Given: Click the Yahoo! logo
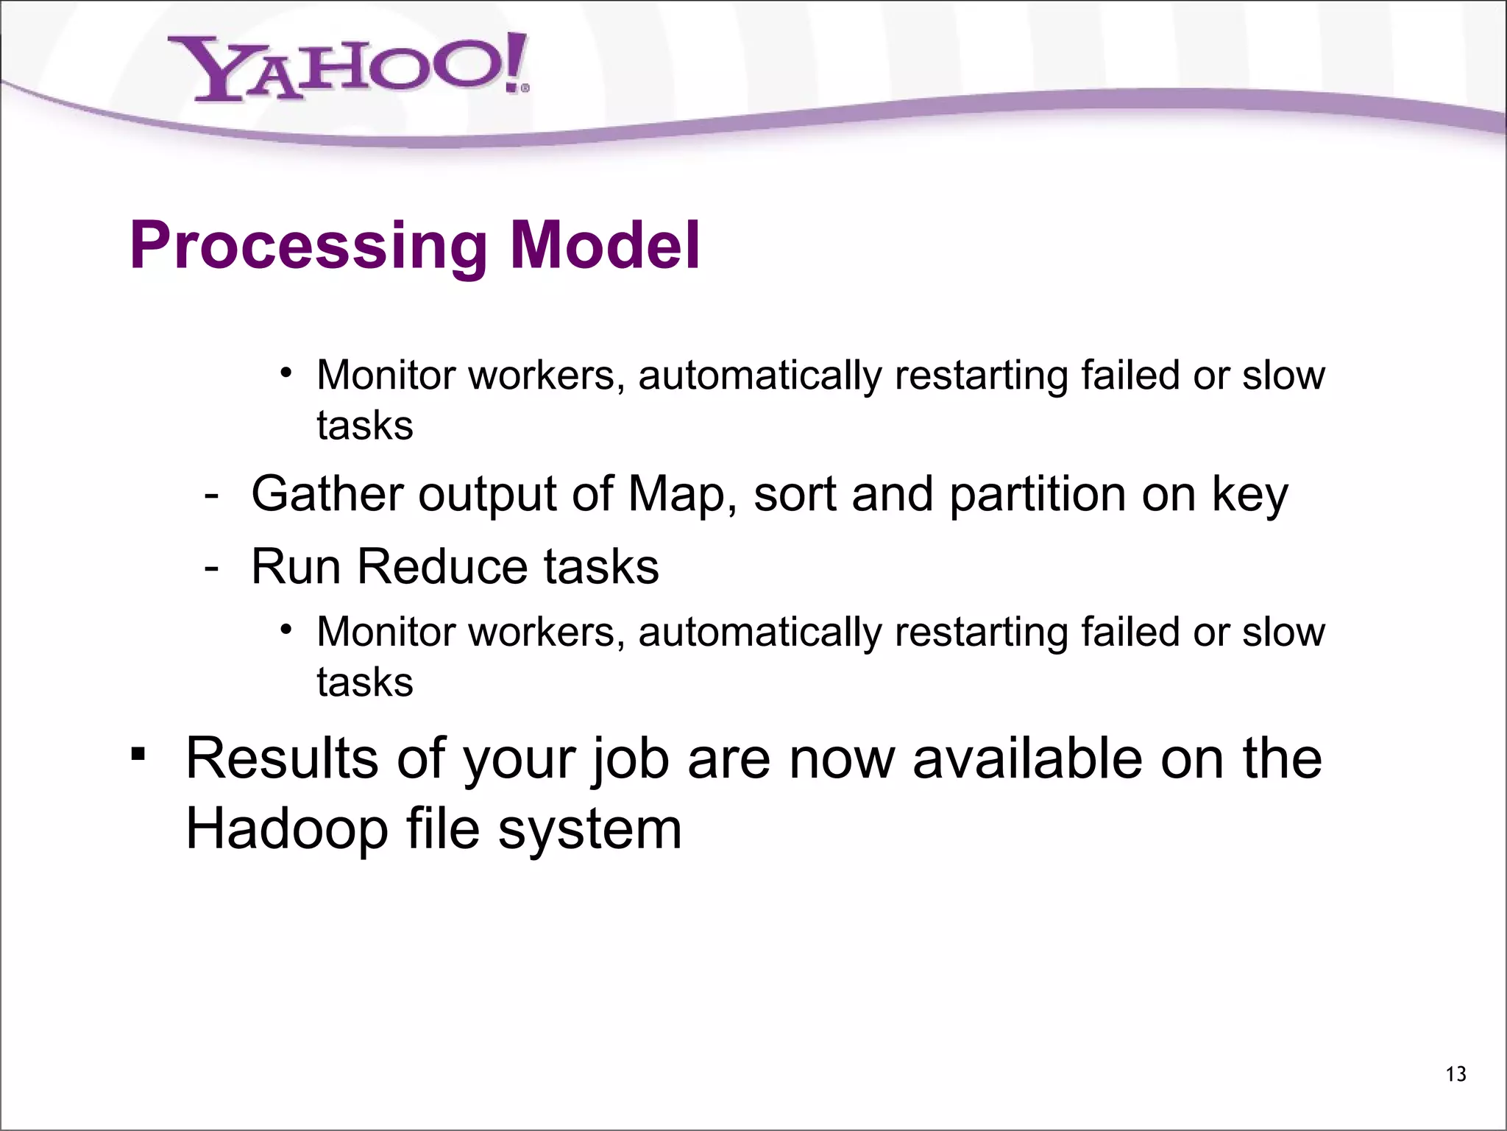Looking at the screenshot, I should pyautogui.click(x=346, y=68).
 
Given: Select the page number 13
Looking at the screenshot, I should pyautogui.click(x=1455, y=1074).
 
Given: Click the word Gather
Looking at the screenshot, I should pyautogui.click(x=327, y=493).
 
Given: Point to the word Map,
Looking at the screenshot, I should pyautogui.click(x=682, y=495).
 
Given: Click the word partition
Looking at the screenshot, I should pyautogui.click(x=1037, y=495).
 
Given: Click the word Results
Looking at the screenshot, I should pyautogui.click(x=280, y=758).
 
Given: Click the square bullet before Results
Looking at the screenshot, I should pyautogui.click(x=138, y=755).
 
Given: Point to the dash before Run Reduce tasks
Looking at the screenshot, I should pyautogui.click(x=212, y=568).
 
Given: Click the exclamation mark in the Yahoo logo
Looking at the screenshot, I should pyautogui.click(x=515, y=62).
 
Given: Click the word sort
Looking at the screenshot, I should pyautogui.click(x=795, y=495).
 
